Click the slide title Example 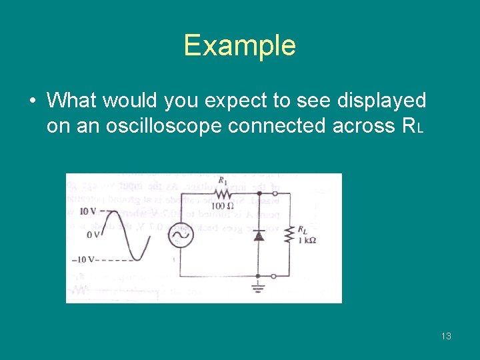click(x=239, y=45)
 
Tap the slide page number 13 click(x=446, y=336)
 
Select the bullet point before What click(x=33, y=101)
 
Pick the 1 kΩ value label click(x=306, y=241)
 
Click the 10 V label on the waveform click(x=88, y=211)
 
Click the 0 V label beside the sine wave click(x=93, y=235)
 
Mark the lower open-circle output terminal click(x=274, y=275)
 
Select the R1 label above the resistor click(x=222, y=181)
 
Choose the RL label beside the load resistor click(x=303, y=230)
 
